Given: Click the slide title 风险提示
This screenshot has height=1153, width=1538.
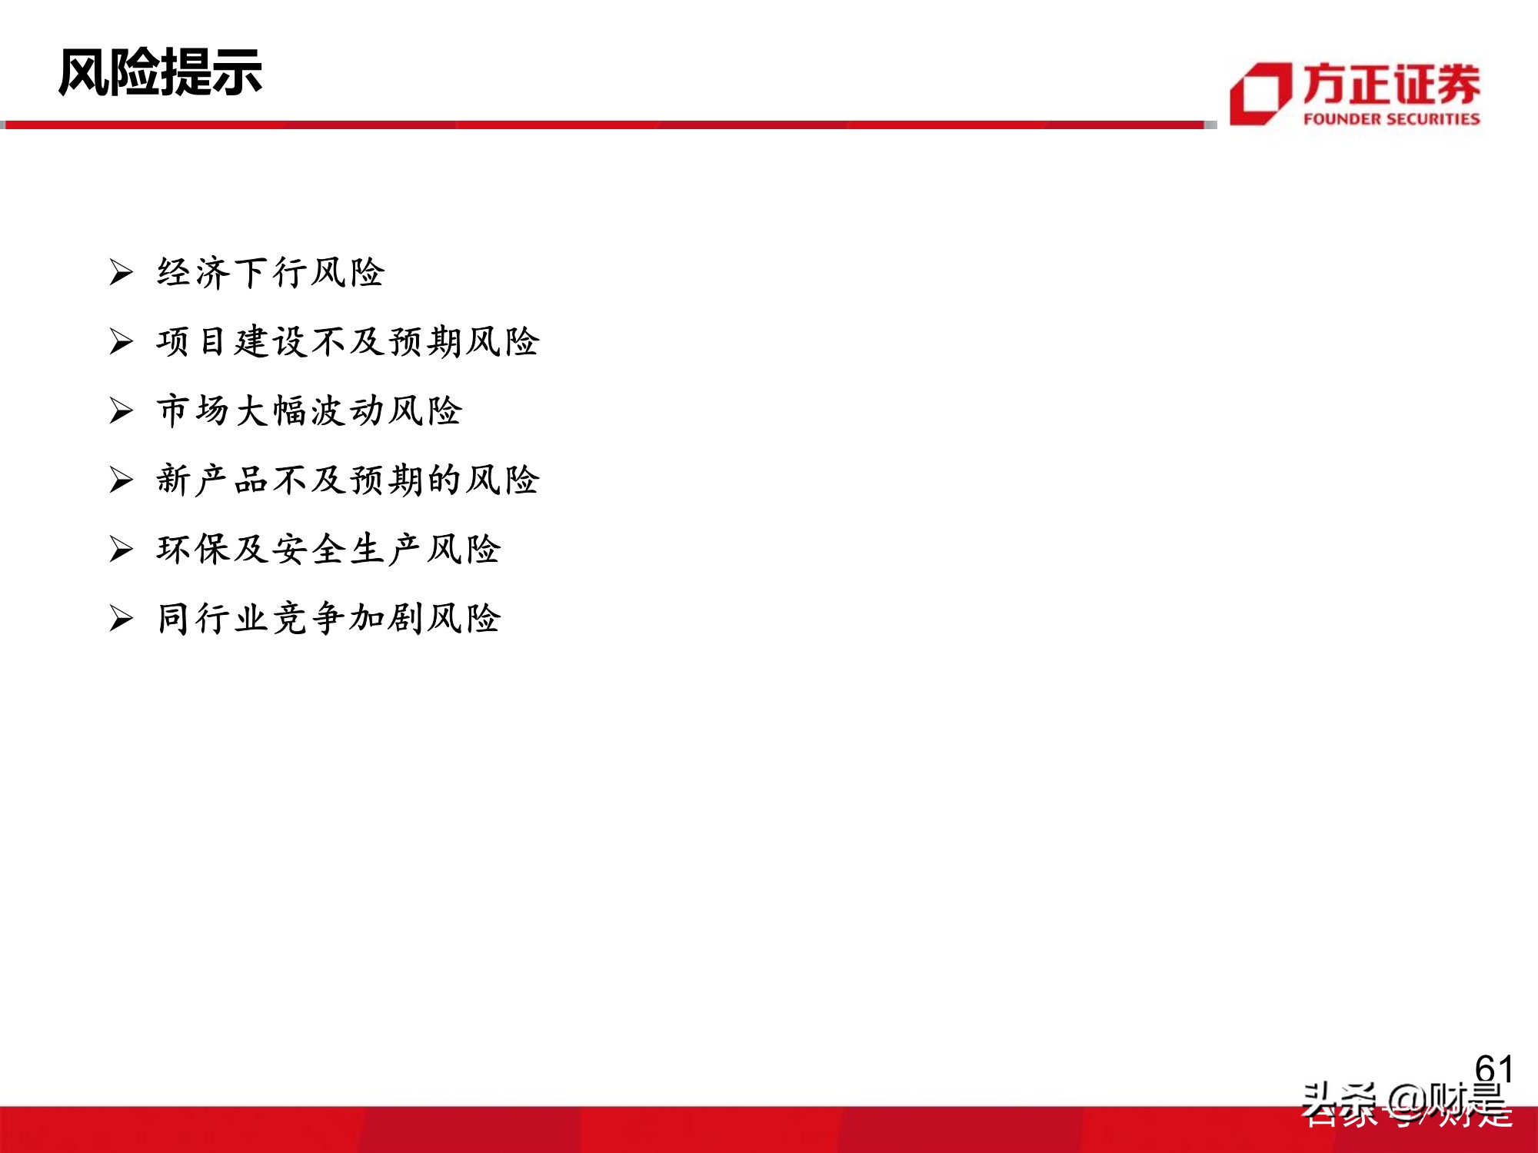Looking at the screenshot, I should tap(160, 73).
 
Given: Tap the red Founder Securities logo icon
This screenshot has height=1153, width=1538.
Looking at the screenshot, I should tap(1260, 94).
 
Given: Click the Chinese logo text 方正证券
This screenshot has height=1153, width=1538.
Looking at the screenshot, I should tap(1391, 85).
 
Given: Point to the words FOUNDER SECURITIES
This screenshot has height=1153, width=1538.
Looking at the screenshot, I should tap(1391, 119).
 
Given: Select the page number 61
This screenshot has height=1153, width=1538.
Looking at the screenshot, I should tap(1493, 1069).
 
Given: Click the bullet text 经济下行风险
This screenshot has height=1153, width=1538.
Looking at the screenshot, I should tap(271, 273).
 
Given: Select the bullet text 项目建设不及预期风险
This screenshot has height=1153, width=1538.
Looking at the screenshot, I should tap(348, 342).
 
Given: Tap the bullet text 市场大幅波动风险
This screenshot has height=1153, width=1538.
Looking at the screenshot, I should tap(309, 411).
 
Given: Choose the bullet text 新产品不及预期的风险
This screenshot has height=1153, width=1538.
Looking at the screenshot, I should tap(348, 480).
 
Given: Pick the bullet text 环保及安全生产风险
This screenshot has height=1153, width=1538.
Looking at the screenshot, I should tap(328, 550).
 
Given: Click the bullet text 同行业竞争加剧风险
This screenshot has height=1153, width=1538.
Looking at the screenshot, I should tap(328, 619).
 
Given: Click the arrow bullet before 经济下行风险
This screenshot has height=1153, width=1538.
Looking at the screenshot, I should tap(121, 272).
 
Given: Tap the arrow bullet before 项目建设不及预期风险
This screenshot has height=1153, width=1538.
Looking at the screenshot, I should tap(121, 341).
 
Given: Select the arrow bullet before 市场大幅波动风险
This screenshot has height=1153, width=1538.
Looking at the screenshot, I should tap(121, 410).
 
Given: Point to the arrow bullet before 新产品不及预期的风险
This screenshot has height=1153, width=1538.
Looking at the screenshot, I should tap(121, 480).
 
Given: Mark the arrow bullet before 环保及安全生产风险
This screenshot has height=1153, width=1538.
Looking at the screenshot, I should tap(121, 549).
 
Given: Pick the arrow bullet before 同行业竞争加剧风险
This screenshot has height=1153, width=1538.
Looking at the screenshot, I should tap(121, 618).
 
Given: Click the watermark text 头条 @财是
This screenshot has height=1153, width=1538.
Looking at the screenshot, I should tap(1403, 1104).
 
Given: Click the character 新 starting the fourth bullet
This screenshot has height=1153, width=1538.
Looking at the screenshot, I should tap(174, 480).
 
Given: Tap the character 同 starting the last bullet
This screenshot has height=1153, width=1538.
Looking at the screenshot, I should tap(174, 619).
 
